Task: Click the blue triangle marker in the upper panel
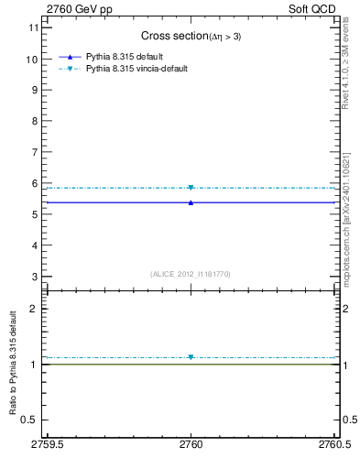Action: tap(191, 202)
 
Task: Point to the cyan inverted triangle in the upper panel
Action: tap(191, 188)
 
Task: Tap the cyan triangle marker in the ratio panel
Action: tap(191, 357)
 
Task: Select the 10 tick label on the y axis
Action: tap(32, 59)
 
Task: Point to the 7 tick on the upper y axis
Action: tap(35, 152)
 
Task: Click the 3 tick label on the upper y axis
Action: tap(35, 277)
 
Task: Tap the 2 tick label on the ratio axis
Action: tap(35, 309)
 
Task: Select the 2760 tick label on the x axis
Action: tap(191, 445)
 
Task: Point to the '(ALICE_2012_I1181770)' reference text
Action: tap(191, 273)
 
